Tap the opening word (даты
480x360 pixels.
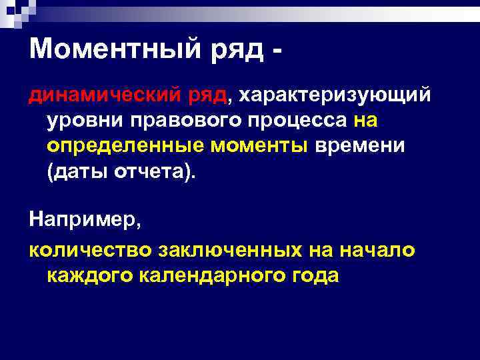click(x=76, y=170)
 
